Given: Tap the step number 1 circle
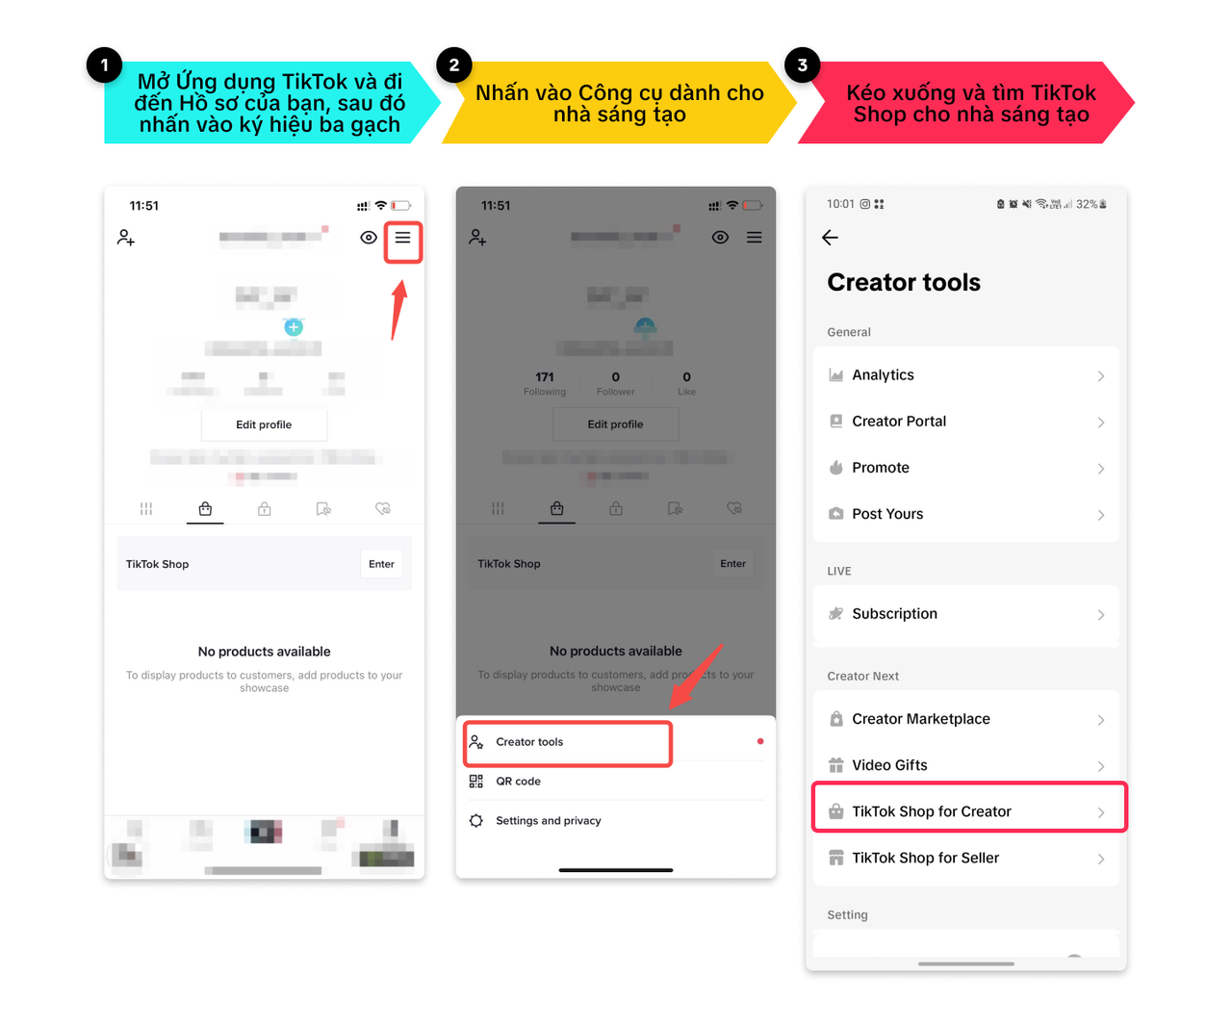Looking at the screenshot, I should pyautogui.click(x=104, y=65).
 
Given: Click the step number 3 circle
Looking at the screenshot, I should pyautogui.click(x=802, y=65).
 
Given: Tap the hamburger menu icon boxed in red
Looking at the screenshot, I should pyautogui.click(x=402, y=238).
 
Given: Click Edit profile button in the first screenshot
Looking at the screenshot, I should pyautogui.click(x=264, y=424).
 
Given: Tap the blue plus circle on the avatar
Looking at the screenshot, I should pyautogui.click(x=294, y=327).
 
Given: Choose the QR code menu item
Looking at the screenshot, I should pyautogui.click(x=519, y=782).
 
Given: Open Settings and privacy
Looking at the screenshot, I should pyautogui.click(x=548, y=821).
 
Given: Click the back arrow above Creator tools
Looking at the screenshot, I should pyautogui.click(x=831, y=238).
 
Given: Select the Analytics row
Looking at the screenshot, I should pyautogui.click(x=965, y=375).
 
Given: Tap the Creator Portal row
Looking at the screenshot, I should pyautogui.click(x=965, y=422).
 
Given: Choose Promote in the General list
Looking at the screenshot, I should pyautogui.click(x=965, y=468).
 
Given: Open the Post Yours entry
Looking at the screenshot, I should pyautogui.click(x=965, y=514).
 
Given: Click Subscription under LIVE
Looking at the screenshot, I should pyautogui.click(x=965, y=614).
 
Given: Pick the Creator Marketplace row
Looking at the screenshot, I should pyautogui.click(x=965, y=719).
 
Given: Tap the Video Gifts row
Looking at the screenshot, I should pyautogui.click(x=965, y=765).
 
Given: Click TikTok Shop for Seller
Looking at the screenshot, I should pyautogui.click(x=965, y=858).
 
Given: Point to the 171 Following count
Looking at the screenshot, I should pyautogui.click(x=545, y=382).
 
